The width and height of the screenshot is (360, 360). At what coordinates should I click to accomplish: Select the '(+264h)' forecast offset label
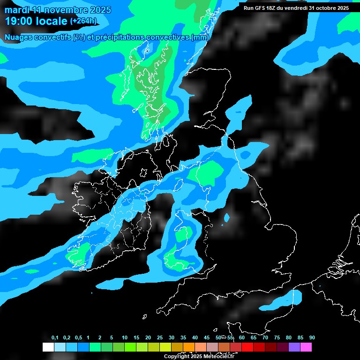(x=83, y=21)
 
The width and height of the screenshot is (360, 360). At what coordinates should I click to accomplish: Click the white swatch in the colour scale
(x=48, y=347)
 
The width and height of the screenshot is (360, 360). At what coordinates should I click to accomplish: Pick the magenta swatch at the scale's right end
(x=306, y=347)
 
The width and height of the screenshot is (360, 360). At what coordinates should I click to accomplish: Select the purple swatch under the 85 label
(x=294, y=347)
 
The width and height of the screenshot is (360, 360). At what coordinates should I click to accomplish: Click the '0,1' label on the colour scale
(x=55, y=337)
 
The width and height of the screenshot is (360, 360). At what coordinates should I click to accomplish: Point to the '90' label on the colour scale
(x=312, y=337)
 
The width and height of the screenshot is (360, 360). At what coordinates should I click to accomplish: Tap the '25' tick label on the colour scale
(x=159, y=337)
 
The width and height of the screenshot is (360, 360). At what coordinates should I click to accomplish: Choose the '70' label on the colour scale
(x=265, y=337)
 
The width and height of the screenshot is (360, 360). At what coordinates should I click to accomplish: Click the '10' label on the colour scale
(x=124, y=337)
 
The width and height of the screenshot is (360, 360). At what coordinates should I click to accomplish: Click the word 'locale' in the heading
(x=52, y=21)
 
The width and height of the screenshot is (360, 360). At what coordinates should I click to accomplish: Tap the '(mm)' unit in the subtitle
(x=200, y=37)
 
